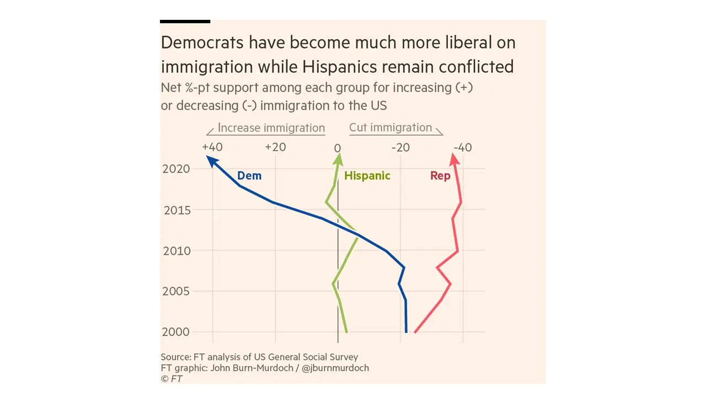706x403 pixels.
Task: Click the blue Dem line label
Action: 249,176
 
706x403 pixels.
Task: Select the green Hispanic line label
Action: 367,176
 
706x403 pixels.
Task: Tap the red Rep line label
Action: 440,176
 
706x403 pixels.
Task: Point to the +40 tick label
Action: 212,148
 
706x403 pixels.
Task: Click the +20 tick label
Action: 275,148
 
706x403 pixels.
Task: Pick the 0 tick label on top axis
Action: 338,148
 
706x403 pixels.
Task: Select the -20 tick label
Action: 400,148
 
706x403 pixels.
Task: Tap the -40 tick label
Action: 463,148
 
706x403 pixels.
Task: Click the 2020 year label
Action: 176,169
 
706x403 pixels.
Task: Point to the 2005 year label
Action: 176,292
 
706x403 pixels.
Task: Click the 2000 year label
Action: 176,332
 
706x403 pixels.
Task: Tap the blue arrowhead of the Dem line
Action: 210,160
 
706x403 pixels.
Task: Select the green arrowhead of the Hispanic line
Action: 338,159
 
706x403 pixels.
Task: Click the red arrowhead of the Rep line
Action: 453,159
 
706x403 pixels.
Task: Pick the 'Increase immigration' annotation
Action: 271,128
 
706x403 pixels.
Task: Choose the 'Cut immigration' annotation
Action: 391,128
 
